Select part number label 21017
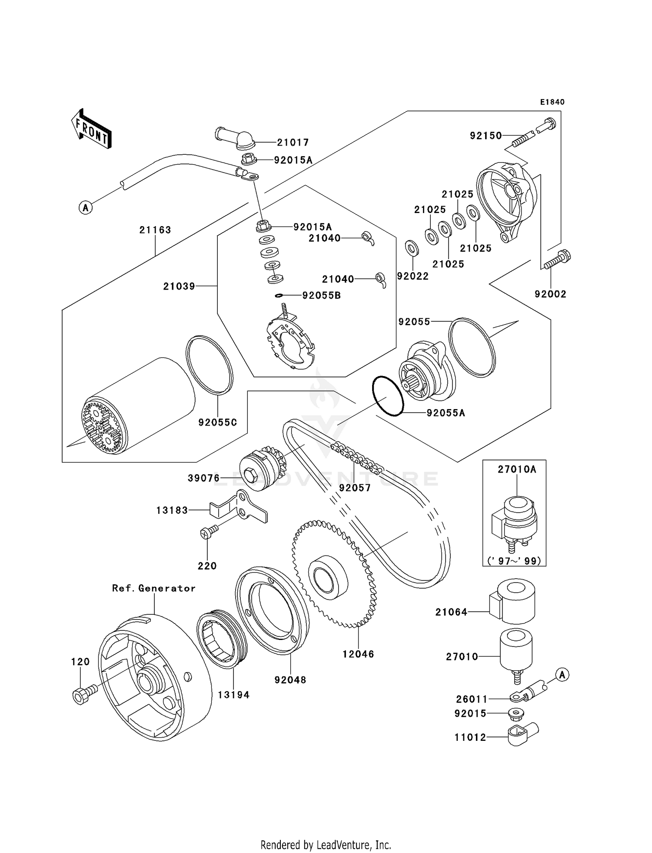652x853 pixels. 293,142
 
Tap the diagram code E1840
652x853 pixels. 552,102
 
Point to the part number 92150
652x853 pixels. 486,136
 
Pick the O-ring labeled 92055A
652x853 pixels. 388,396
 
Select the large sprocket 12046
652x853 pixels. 335,574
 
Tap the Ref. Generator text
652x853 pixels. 153,588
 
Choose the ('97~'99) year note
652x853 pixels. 514,561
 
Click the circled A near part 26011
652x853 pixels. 562,675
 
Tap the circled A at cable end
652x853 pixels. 86,208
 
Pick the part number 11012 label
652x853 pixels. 470,737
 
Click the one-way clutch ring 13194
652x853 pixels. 222,639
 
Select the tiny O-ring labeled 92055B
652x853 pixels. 279,296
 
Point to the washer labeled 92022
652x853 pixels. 412,248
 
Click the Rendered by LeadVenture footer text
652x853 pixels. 326,845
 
